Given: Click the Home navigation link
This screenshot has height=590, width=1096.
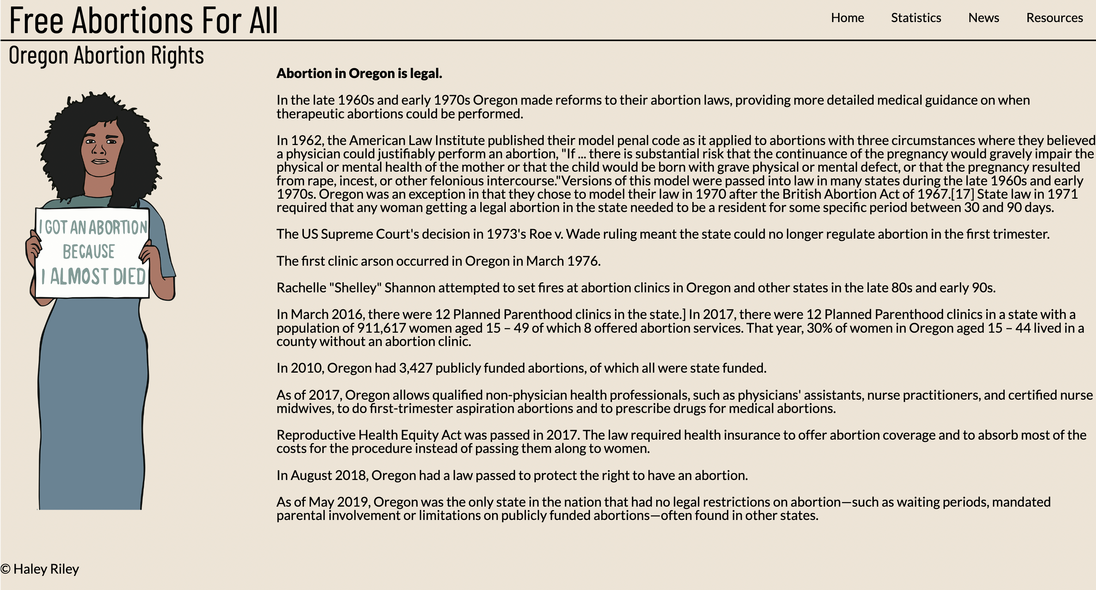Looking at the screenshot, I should pyautogui.click(x=847, y=18).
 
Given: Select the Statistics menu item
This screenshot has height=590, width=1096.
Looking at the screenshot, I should pyautogui.click(x=915, y=18).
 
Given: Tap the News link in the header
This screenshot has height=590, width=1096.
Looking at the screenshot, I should pyautogui.click(x=983, y=18).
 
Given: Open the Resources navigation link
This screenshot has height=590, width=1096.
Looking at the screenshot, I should pyautogui.click(x=1054, y=18).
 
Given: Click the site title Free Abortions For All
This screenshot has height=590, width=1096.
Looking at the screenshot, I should pyautogui.click(x=144, y=20).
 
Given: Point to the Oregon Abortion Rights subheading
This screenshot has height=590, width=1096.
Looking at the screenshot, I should pyautogui.click(x=106, y=55).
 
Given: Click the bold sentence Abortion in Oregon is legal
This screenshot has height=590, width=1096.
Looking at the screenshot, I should pyautogui.click(x=359, y=73).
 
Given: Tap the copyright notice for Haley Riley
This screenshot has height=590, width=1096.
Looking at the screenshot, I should pyautogui.click(x=40, y=569).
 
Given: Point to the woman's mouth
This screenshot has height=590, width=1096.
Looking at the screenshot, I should pyautogui.click(x=101, y=161).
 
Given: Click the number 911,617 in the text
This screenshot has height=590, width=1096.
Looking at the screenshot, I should pyautogui.click(x=381, y=328).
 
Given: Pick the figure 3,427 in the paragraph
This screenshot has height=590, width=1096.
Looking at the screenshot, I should pyautogui.click(x=415, y=368).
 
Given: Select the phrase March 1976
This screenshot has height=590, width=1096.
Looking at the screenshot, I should pyautogui.click(x=562, y=261).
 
